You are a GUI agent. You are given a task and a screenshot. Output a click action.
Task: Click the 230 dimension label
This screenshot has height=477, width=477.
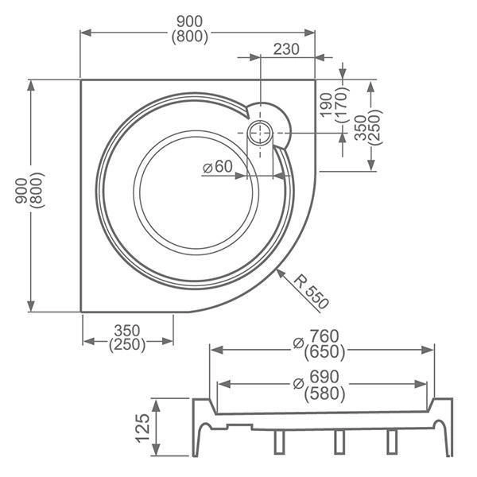(x=286, y=49)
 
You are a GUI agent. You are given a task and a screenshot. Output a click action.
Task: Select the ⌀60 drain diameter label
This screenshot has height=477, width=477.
(x=216, y=167)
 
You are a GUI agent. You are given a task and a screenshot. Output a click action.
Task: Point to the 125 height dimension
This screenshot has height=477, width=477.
(x=142, y=428)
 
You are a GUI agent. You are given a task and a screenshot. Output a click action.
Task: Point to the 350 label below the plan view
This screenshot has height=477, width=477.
(x=127, y=329)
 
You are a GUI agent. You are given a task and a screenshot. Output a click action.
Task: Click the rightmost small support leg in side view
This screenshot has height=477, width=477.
(x=391, y=442)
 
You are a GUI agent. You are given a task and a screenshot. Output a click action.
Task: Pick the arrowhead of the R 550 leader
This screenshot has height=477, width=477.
(x=280, y=272)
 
